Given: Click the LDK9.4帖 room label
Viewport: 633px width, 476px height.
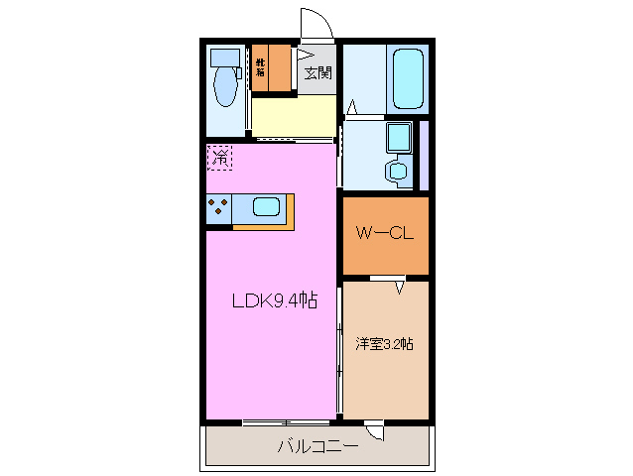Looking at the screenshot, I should pyautogui.click(x=274, y=300).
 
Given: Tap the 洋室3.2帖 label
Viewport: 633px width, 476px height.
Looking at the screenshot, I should pyautogui.click(x=385, y=344).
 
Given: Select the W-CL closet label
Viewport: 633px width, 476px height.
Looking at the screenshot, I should pyautogui.click(x=385, y=234).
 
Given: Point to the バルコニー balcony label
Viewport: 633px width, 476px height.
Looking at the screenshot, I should pyautogui.click(x=316, y=447).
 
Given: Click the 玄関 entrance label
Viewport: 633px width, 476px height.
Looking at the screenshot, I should pyautogui.click(x=318, y=71).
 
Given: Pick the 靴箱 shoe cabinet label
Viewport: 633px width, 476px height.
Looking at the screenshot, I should pyautogui.click(x=260, y=67).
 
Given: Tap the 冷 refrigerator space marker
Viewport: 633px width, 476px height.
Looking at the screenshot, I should pyautogui.click(x=220, y=156).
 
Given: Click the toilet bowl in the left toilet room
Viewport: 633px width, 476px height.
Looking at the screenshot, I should pyautogui.click(x=224, y=89).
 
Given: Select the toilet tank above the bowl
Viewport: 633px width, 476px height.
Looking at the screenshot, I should pyautogui.click(x=226, y=57).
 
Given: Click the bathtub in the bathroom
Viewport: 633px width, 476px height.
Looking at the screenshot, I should pyautogui.click(x=408, y=77).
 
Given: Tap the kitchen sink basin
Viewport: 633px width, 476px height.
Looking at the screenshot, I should pyautogui.click(x=266, y=207).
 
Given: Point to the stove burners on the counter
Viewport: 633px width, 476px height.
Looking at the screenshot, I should pyautogui.click(x=219, y=208).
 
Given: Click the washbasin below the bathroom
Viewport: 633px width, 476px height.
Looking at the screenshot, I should pyautogui.click(x=398, y=170).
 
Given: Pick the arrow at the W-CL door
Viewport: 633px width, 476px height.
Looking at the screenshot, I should pyautogui.click(x=400, y=288).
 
